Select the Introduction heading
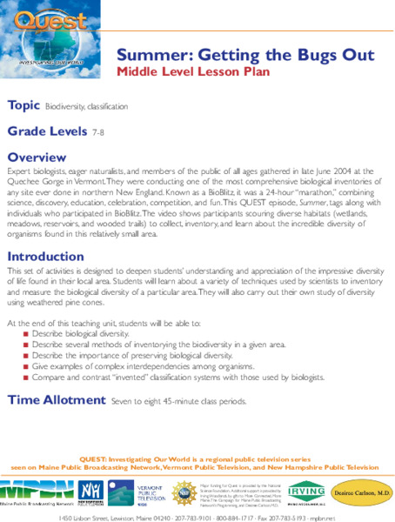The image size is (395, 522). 45,257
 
